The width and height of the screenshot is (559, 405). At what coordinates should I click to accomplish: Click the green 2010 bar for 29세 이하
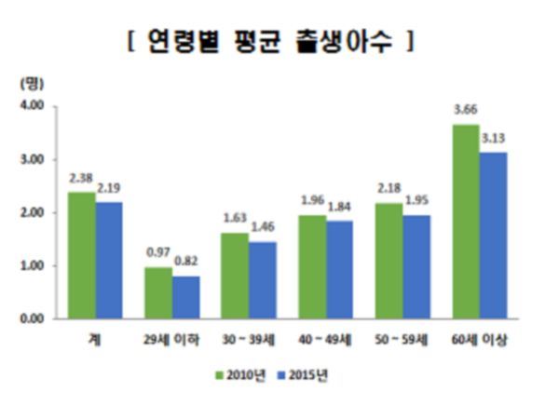(157, 293)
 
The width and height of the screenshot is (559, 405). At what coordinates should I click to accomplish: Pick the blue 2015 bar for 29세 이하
(184, 297)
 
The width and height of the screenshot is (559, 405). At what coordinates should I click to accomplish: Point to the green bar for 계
(81, 255)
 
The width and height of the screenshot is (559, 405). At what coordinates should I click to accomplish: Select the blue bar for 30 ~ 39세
(262, 280)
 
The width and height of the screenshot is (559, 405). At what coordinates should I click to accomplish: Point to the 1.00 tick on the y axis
(33, 266)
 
